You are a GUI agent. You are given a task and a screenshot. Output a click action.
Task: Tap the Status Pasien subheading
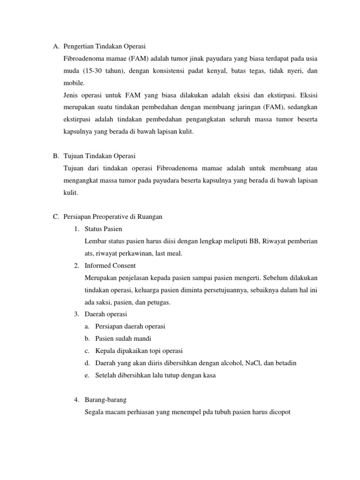tap(103, 229)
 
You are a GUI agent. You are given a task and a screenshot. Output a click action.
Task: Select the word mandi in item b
tap(142, 338)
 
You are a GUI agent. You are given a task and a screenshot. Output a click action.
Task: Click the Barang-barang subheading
tap(105, 400)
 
